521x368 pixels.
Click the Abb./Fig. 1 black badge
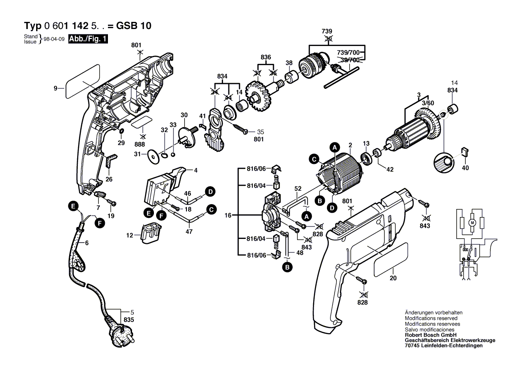point(88,39)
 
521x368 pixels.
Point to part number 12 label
point(130,235)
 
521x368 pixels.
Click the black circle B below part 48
point(285,267)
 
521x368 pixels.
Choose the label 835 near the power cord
point(129,320)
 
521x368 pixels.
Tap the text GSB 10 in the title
point(134,26)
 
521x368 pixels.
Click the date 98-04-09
point(54,39)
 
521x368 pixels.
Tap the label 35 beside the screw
point(261,132)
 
